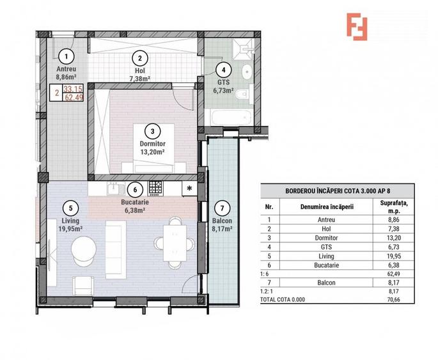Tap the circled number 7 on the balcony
[221, 208]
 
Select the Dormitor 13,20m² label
[152, 148]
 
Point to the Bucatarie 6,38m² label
[134, 205]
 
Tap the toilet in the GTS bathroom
[242, 96]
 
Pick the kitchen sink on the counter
[115, 188]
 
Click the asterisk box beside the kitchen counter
[190, 189]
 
